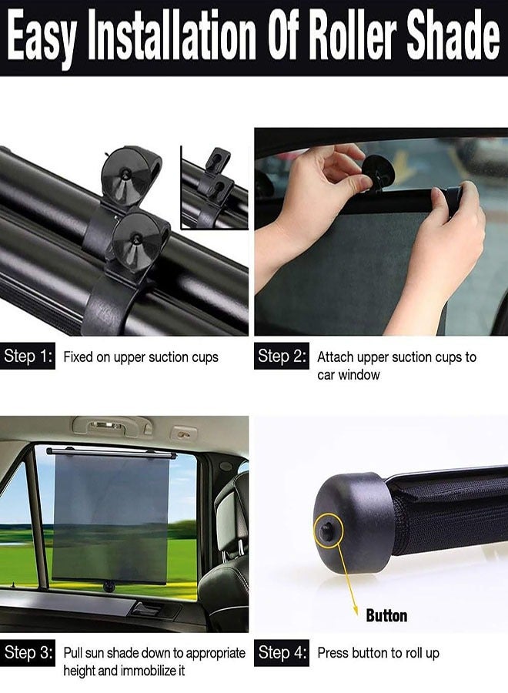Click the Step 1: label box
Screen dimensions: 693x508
[28, 357]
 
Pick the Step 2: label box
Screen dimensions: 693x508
[282, 357]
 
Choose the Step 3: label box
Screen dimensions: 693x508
[28, 653]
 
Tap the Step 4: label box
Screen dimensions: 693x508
[282, 653]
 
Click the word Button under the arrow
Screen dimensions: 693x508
[386, 615]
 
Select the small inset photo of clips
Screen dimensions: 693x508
[214, 187]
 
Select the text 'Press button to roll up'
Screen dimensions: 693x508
[378, 653]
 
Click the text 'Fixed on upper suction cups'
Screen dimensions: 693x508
[141, 357]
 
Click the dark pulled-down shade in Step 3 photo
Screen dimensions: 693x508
[111, 516]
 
